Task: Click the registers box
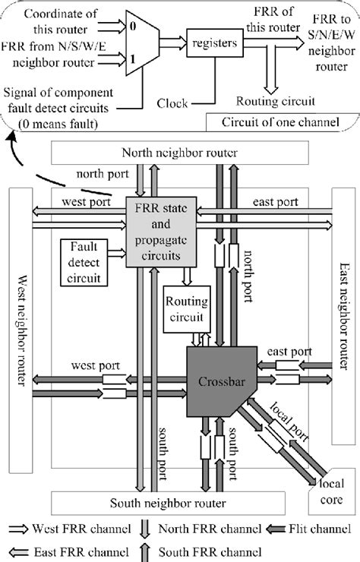(x=213, y=44)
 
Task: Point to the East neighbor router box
(x=345, y=327)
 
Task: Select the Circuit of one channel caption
(x=282, y=122)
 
